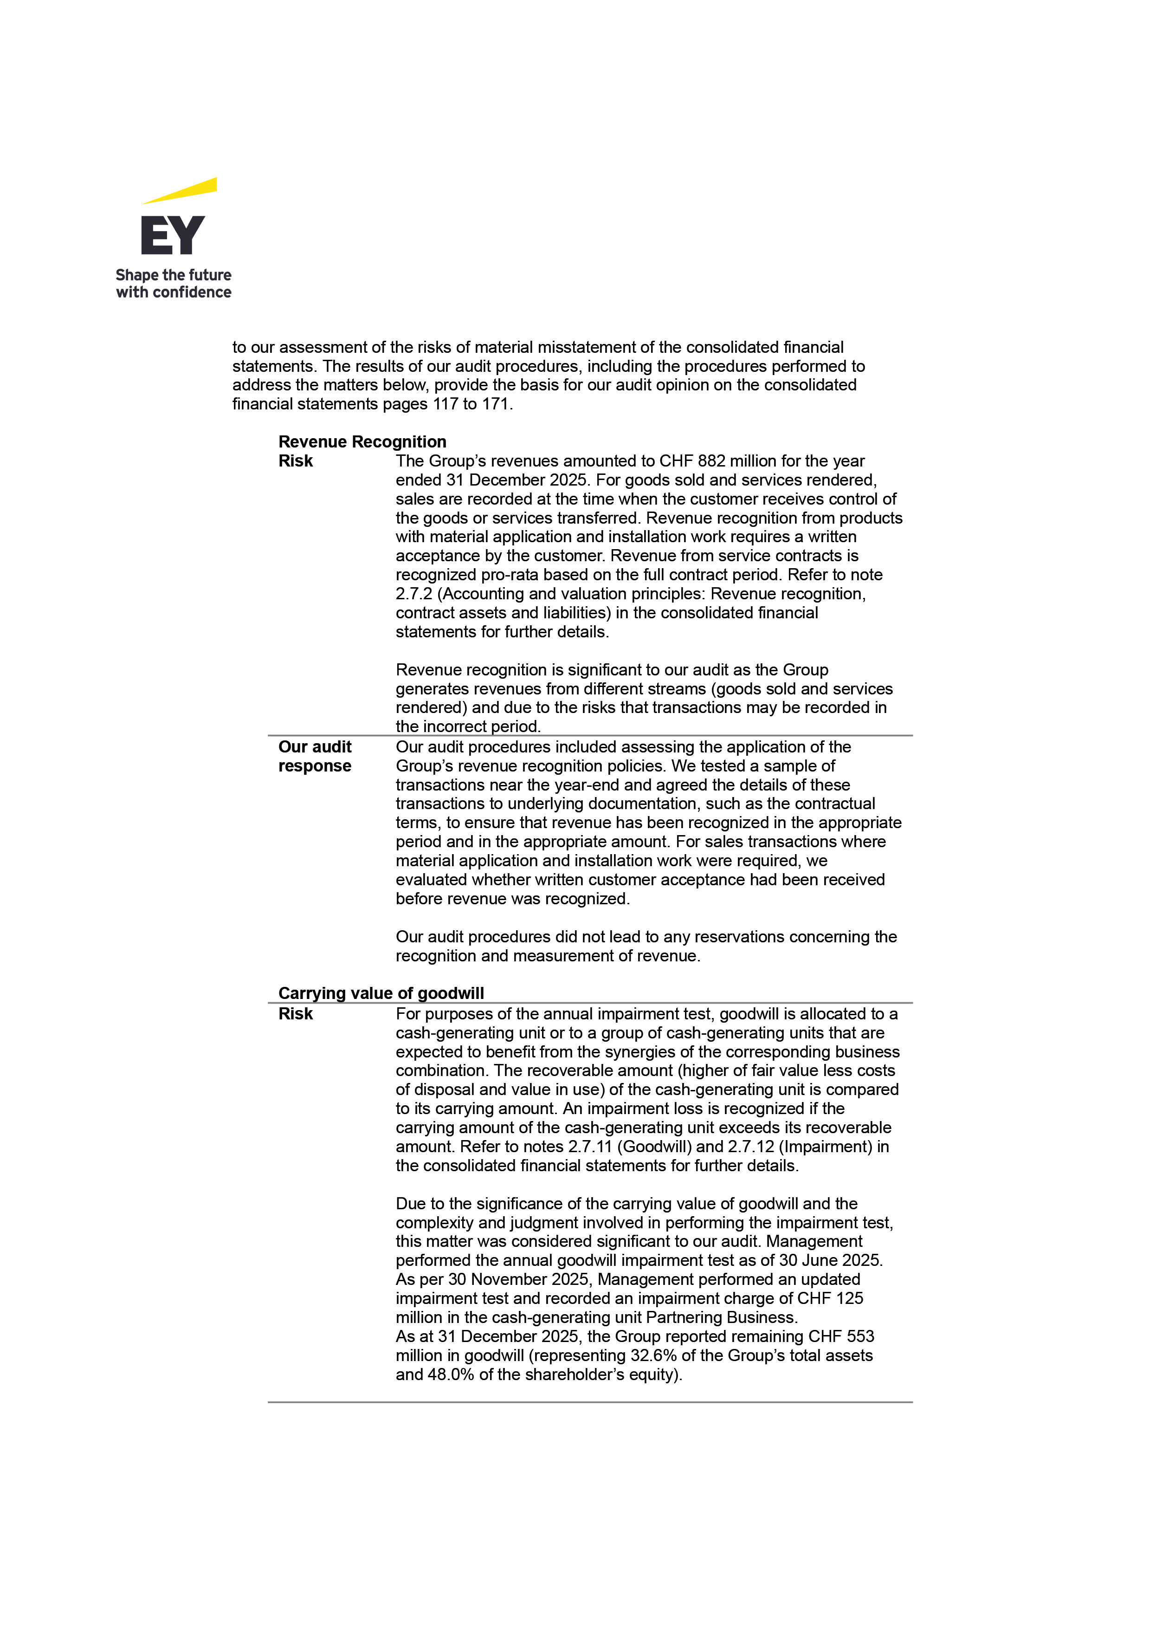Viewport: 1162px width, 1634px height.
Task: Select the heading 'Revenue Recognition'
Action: [x=362, y=441]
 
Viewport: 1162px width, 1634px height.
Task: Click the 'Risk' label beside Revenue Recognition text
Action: [x=296, y=461]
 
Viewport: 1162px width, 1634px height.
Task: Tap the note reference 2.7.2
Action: [x=413, y=594]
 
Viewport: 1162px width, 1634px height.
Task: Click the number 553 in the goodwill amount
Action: [x=859, y=1336]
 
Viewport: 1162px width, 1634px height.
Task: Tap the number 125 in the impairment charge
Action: [x=849, y=1298]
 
